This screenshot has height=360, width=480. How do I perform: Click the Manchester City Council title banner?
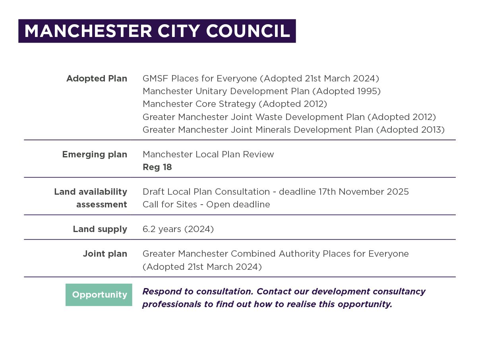(x=157, y=31)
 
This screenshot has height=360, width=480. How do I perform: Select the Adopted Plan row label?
(x=97, y=79)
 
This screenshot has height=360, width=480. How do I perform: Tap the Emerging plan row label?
(x=95, y=155)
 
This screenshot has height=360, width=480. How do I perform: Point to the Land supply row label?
(x=100, y=229)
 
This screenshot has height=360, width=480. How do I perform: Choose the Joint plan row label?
(x=105, y=254)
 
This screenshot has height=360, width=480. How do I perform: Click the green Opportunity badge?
(x=99, y=295)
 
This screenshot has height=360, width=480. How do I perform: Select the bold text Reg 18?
(x=157, y=167)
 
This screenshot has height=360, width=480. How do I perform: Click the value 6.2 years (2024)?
(x=178, y=229)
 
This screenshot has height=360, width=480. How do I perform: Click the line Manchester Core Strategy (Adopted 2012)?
(x=234, y=104)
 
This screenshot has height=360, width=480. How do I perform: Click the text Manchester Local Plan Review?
(x=208, y=155)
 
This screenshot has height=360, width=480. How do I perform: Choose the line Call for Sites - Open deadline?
(x=206, y=205)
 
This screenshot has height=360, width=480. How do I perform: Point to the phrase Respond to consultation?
(x=198, y=292)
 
